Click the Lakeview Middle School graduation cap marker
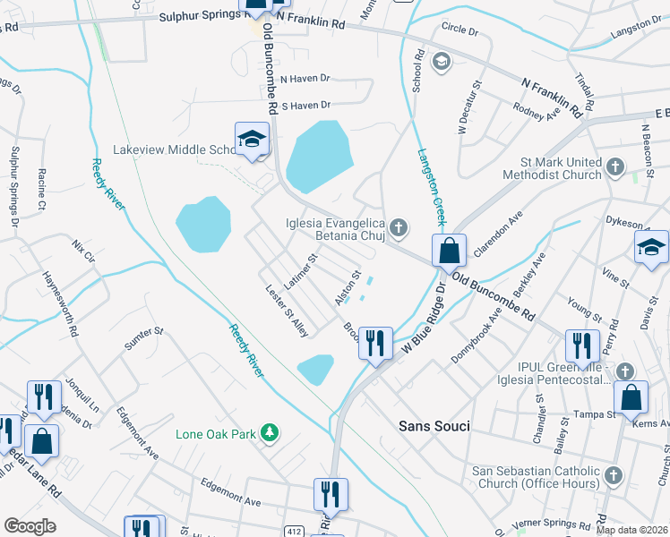(x=252, y=140)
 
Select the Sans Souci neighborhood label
(x=434, y=426)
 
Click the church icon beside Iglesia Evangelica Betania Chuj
(x=399, y=230)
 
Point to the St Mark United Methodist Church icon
(x=614, y=167)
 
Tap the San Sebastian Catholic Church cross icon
(x=614, y=477)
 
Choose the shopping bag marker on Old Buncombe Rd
(x=449, y=251)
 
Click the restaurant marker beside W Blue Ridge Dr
(x=375, y=343)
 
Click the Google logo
(x=30, y=526)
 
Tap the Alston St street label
(x=347, y=288)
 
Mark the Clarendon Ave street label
(x=502, y=232)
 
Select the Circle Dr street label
(x=460, y=30)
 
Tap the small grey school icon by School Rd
(x=441, y=62)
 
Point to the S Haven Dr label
(x=306, y=105)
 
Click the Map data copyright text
(x=631, y=530)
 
